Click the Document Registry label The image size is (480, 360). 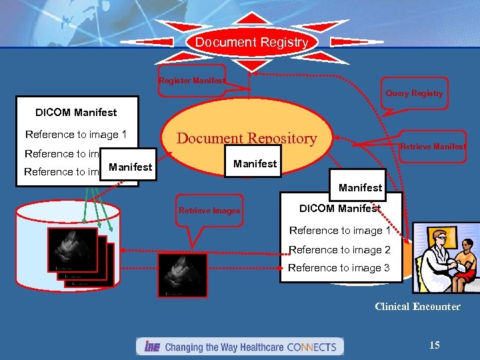pos(251,42)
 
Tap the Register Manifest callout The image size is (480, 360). pos(191,81)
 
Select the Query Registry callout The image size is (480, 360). pos(413,93)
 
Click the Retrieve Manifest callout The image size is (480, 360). pos(432,147)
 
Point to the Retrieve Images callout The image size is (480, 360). pos(209,211)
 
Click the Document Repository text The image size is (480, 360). pos(246,139)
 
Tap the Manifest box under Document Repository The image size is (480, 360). pos(255,163)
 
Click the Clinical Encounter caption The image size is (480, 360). pos(417,307)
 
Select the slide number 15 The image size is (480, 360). pos(434,345)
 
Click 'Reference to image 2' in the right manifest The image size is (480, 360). pos(339,249)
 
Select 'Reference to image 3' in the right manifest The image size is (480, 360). pos(339,268)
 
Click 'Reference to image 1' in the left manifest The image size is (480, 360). pos(75,134)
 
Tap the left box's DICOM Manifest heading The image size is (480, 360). pos(76,112)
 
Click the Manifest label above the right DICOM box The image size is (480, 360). pos(360,187)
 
